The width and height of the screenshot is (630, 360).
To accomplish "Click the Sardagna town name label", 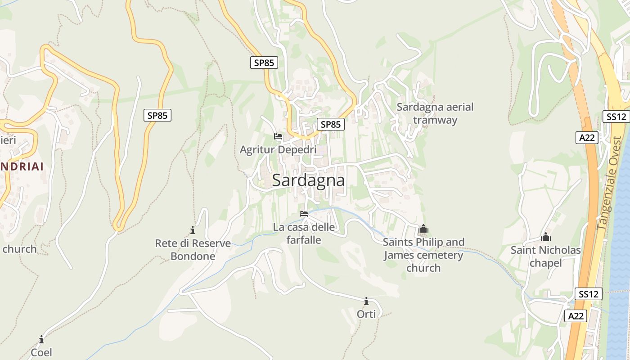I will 308,180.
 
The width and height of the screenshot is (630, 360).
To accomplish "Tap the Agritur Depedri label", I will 278,150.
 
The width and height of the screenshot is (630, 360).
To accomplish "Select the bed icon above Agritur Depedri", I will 278,136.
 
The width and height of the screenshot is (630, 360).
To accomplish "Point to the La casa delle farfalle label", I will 304,234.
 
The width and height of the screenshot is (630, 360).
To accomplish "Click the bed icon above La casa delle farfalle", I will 304,214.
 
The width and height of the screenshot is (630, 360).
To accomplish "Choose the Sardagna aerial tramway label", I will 435,113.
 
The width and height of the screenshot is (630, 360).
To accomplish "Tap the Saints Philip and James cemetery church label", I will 423,255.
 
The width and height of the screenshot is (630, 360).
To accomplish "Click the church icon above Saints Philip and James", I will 423,229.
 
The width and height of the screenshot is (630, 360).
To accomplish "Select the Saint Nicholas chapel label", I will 545,256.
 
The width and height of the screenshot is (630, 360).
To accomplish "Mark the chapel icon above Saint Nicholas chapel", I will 546,237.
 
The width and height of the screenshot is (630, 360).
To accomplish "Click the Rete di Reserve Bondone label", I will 193,250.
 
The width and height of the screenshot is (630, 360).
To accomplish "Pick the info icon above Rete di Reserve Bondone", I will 193,230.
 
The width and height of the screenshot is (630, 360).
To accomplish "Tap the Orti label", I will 366,314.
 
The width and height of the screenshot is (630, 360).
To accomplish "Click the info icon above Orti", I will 366,301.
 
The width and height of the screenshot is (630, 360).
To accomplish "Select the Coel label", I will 41,352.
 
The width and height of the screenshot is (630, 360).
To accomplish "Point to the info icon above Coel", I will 41,339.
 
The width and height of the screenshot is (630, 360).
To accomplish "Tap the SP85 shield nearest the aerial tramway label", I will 331,124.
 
